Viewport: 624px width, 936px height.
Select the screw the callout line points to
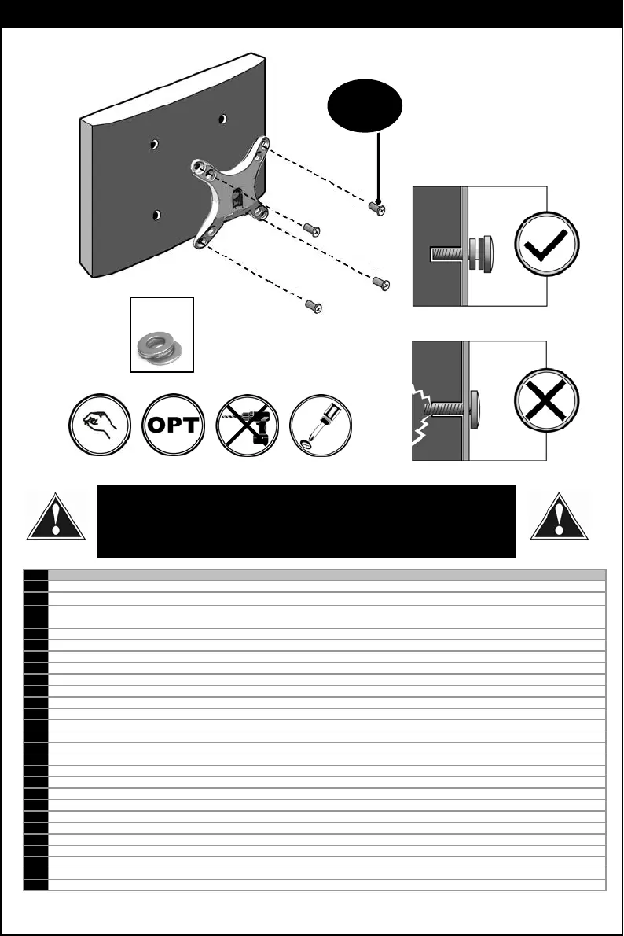[377, 209]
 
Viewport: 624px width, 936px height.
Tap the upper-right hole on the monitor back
[223, 119]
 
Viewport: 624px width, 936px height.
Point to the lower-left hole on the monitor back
[157, 215]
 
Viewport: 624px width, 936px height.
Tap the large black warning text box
[306, 521]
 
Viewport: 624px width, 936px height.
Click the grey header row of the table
[326, 574]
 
